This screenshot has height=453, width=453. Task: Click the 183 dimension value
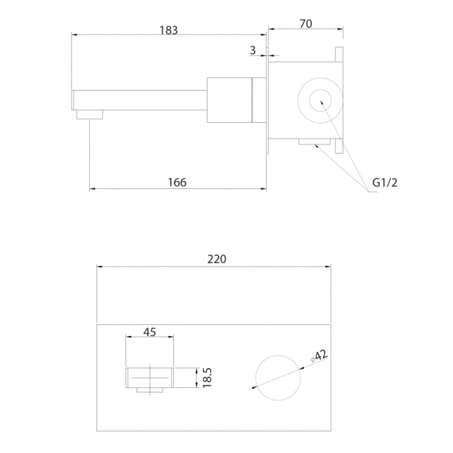click(x=169, y=30)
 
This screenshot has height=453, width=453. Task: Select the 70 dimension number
click(x=306, y=24)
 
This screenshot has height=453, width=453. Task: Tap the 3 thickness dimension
click(x=253, y=51)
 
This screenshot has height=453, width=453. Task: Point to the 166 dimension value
click(x=177, y=183)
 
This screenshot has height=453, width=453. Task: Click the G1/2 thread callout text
click(x=385, y=183)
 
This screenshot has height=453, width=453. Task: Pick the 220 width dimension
click(x=217, y=259)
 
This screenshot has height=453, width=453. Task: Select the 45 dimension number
click(x=150, y=332)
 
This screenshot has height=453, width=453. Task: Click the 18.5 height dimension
click(x=207, y=377)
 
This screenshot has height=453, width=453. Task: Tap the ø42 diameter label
click(x=319, y=356)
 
